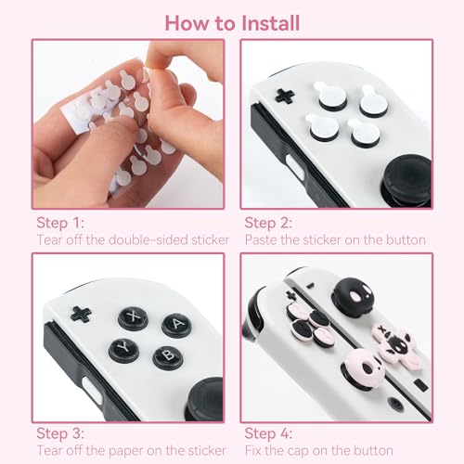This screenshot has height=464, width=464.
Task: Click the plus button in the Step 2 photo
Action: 286,95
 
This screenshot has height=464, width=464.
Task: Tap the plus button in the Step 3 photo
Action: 82,314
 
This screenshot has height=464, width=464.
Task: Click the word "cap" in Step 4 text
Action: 309,451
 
